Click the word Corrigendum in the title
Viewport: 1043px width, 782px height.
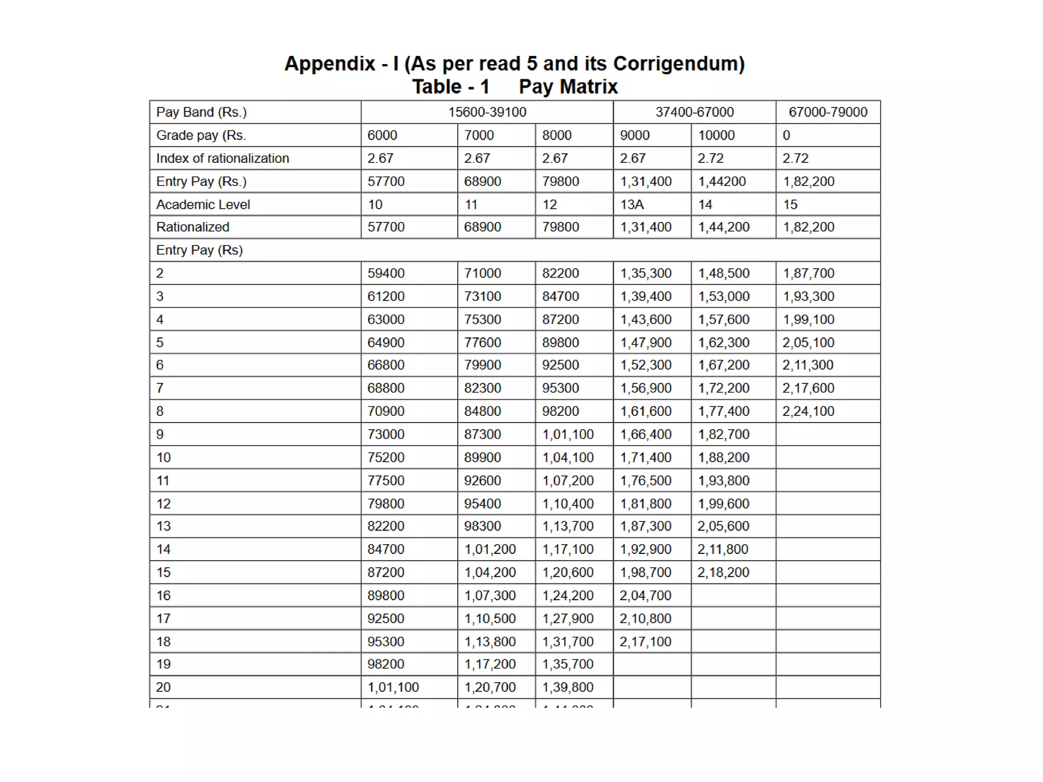pyautogui.click(x=677, y=64)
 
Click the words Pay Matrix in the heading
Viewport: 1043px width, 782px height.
pyautogui.click(x=568, y=87)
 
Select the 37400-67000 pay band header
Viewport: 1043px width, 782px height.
pyautogui.click(x=694, y=112)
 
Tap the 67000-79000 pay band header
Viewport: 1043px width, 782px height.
pyautogui.click(x=828, y=112)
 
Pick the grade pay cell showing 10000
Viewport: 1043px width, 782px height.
pyautogui.click(x=716, y=135)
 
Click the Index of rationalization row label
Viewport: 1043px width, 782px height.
pyautogui.click(x=223, y=158)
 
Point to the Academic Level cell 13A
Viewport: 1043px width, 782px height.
pyautogui.click(x=632, y=205)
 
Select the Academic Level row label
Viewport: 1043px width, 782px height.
pyautogui.click(x=203, y=205)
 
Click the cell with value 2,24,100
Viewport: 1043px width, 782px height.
pyautogui.click(x=808, y=411)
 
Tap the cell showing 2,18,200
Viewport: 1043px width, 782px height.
pyautogui.click(x=723, y=573)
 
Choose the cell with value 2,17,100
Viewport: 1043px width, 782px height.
pyautogui.click(x=645, y=641)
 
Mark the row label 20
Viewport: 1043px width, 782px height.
pyautogui.click(x=163, y=687)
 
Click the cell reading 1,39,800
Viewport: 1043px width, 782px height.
pyautogui.click(x=568, y=687)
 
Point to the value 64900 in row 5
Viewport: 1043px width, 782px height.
pyautogui.click(x=386, y=343)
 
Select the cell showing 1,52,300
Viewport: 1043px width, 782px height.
pyautogui.click(x=646, y=365)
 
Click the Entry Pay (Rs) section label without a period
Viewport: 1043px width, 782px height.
pyautogui.click(x=199, y=250)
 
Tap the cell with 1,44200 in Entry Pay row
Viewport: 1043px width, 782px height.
pyautogui.click(x=722, y=182)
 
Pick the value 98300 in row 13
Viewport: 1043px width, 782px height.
pyautogui.click(x=482, y=526)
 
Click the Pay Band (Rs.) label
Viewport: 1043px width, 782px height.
pyautogui.click(x=201, y=113)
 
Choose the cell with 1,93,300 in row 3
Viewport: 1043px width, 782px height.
pyautogui.click(x=808, y=296)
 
